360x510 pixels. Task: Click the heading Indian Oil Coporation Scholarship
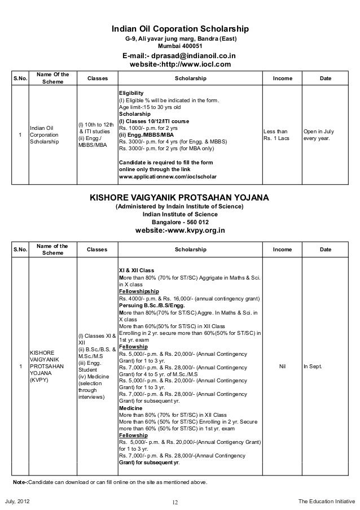180,29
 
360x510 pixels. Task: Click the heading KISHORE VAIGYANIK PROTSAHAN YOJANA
180,198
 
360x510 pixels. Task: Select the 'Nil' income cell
283,367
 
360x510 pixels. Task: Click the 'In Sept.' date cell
312,367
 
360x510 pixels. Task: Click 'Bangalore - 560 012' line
180,221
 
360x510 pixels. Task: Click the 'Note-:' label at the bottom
20,483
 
